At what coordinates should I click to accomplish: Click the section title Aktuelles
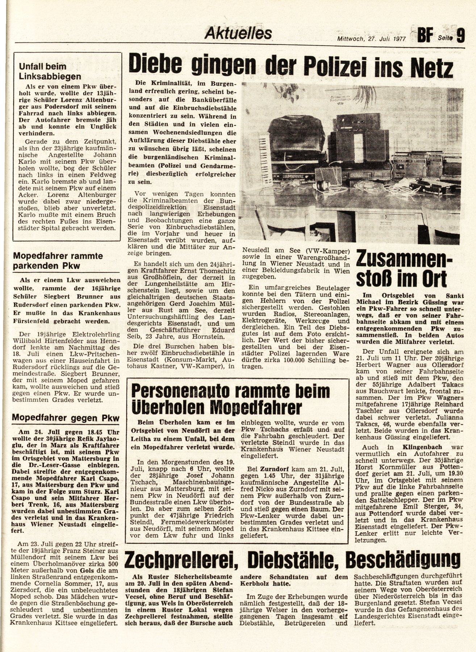tap(238, 33)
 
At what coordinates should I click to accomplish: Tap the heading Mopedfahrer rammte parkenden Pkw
tap(58, 261)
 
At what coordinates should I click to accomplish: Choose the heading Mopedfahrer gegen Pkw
tap(66, 418)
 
